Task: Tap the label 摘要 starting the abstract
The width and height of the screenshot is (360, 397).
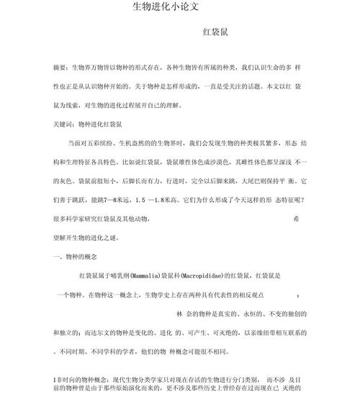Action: (61, 67)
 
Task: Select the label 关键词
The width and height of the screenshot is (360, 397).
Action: (64, 124)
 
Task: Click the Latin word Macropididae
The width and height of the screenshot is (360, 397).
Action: (214, 275)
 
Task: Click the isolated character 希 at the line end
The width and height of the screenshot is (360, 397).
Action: (297, 218)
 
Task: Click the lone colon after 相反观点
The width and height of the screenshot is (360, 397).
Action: (298, 295)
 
